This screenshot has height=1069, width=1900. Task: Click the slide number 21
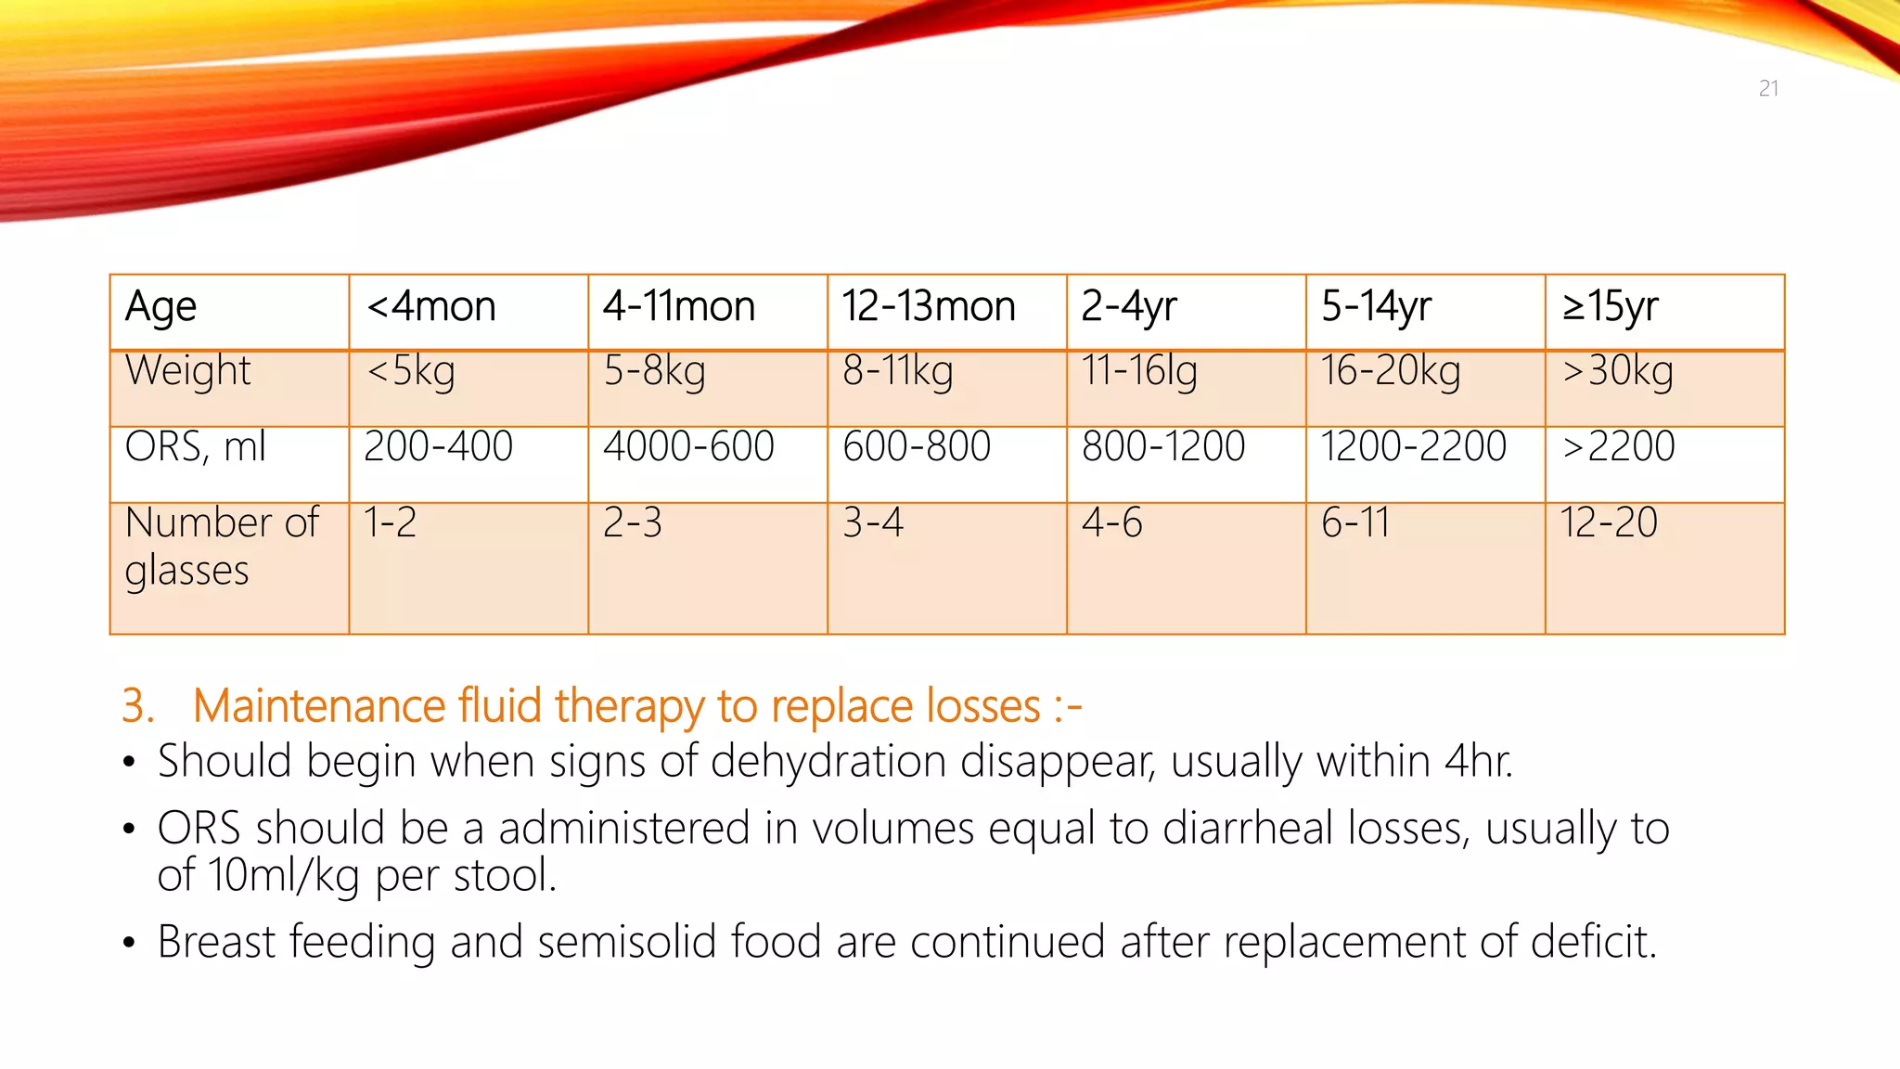1768,88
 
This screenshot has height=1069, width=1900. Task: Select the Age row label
160,307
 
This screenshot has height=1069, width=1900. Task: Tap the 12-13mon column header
929,307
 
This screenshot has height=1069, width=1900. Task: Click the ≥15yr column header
1610,307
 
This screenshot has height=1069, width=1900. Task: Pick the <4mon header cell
431,307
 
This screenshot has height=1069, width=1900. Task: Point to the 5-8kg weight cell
655,371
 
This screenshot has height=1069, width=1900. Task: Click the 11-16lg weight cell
1139,371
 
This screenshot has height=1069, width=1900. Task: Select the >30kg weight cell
1618,371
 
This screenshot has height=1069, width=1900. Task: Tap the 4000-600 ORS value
688,446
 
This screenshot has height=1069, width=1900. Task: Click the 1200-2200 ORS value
1414,446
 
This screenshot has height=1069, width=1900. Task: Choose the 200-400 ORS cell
438,446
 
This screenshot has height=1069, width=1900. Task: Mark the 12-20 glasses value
1609,522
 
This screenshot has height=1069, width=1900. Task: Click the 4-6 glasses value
1111,522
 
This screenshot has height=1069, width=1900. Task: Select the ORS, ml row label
195,446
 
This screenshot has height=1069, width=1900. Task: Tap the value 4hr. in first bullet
1479,762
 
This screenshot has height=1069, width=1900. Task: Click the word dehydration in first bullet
829,762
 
